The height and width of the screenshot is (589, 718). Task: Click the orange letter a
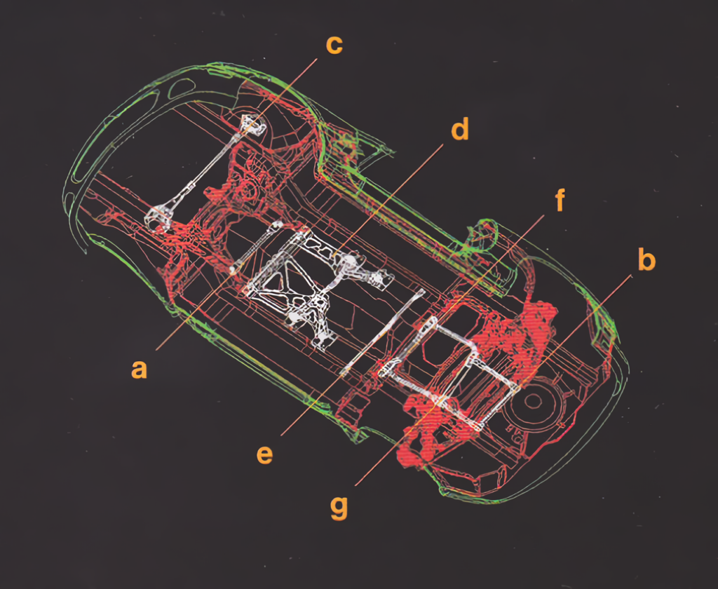tap(140, 369)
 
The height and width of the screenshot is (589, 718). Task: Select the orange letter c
tap(334, 45)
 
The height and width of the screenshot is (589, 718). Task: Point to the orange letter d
tap(460, 128)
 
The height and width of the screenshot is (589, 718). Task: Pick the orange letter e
tap(264, 454)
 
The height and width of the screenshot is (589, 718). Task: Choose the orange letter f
tap(560, 200)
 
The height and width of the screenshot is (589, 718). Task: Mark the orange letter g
tap(339, 508)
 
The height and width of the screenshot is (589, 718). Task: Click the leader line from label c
tap(279, 95)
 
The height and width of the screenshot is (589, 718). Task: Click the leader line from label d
tap(388, 198)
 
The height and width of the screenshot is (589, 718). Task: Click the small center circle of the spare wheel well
tap(532, 401)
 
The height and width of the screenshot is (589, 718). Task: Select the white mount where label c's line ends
tap(252, 123)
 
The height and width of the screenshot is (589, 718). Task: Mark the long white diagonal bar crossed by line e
tap(382, 331)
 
